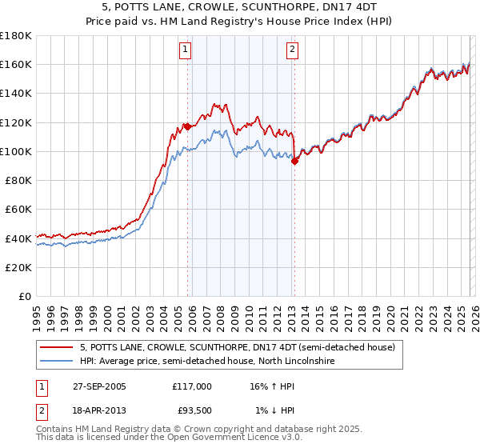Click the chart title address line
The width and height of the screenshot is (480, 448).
pos(239,7)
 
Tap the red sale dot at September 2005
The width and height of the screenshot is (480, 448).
pos(187,126)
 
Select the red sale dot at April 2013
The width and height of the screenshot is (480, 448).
pos(294,161)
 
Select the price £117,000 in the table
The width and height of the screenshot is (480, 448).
pos(191,386)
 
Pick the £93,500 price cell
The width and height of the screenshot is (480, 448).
pos(194,410)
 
